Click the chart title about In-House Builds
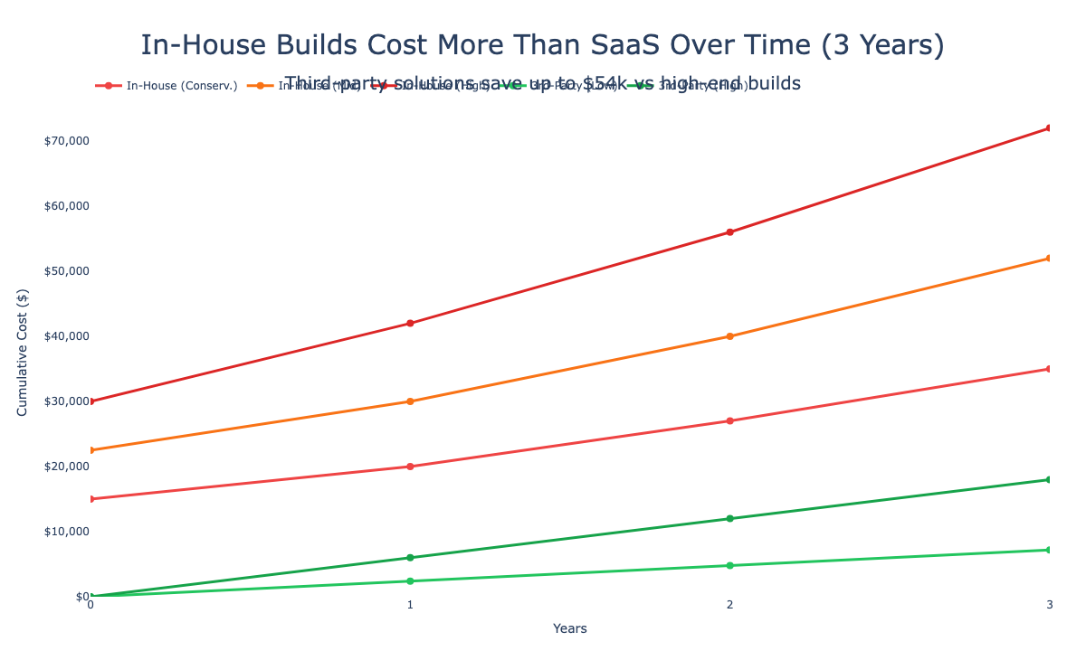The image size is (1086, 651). pyautogui.click(x=543, y=45)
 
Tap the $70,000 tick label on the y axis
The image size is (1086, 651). pyautogui.click(x=62, y=141)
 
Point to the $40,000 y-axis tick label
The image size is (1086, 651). pyautogui.click(x=62, y=336)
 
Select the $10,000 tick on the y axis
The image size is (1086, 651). pyautogui.click(x=62, y=532)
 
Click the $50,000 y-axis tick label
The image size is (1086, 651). pyautogui.click(x=62, y=271)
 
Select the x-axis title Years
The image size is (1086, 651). pyautogui.click(x=570, y=627)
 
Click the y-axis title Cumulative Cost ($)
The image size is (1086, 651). pyautogui.click(x=23, y=354)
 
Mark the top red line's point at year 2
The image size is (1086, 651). pyautogui.click(x=729, y=232)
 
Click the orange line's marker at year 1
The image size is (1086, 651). pyautogui.click(x=410, y=401)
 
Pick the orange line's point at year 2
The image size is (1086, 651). pyautogui.click(x=729, y=336)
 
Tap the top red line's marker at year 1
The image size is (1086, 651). pyautogui.click(x=410, y=323)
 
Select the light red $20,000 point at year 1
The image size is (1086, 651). pyautogui.click(x=410, y=467)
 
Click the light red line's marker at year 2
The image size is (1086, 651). pyautogui.click(x=729, y=420)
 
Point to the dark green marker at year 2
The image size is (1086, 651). pyautogui.click(x=729, y=518)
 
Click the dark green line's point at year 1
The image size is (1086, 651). pyautogui.click(x=410, y=558)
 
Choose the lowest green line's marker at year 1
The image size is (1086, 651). pyautogui.click(x=410, y=581)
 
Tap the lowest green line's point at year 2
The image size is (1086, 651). pyautogui.click(x=729, y=565)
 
